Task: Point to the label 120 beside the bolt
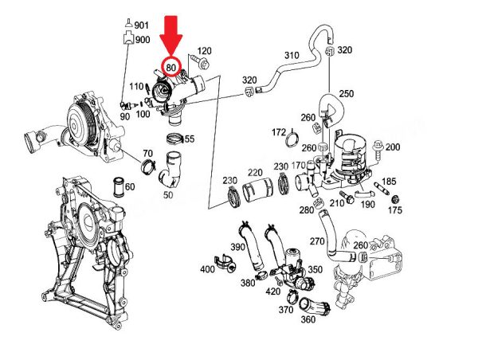tap(204, 51)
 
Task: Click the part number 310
tap(292, 56)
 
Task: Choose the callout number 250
tap(347, 93)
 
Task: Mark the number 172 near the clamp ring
tap(279, 131)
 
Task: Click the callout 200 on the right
tap(393, 147)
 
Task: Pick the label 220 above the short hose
tap(255, 172)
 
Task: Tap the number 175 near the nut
tap(395, 210)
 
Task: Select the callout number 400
tap(207, 269)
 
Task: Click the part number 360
tap(308, 320)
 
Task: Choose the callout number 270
tap(316, 241)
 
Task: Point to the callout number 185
tap(390, 182)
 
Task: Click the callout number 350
tap(315, 269)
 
